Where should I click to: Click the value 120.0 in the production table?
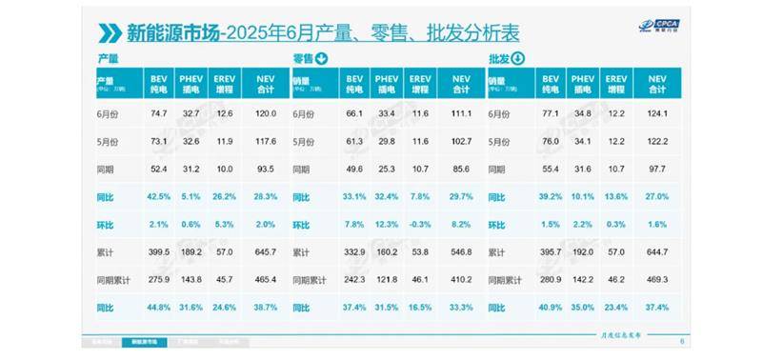266,114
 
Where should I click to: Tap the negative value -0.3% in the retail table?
418,226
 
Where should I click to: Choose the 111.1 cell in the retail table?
461,114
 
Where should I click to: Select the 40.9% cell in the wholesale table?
550,309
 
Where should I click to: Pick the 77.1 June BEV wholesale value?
550,114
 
